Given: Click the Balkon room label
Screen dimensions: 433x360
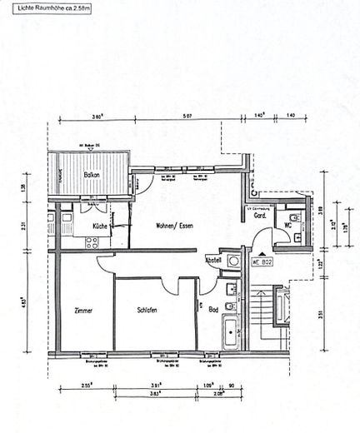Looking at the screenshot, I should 92,175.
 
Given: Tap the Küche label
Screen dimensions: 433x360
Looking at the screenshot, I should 98,226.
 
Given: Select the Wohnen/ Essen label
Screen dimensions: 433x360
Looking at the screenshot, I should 176,226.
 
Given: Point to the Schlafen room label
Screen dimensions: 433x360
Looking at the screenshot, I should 147,311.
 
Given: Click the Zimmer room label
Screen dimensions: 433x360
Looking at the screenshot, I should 82,311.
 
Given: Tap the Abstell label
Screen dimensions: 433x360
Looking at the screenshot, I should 214,259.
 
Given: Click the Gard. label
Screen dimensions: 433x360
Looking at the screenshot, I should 259,216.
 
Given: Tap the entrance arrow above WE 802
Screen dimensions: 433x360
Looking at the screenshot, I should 262,249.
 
